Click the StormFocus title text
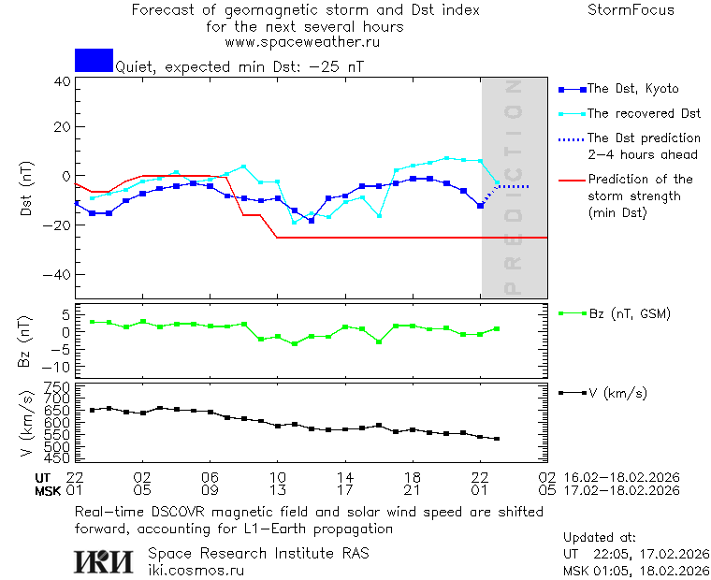(x=631, y=10)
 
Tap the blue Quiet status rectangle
(x=94, y=60)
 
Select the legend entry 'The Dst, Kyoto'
(x=632, y=89)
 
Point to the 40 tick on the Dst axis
(x=62, y=81)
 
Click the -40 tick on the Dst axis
(x=59, y=275)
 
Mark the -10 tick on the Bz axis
(x=58, y=366)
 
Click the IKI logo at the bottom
(x=105, y=560)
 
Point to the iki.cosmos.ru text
(x=196, y=570)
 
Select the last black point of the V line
(x=497, y=439)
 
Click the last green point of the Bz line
(x=497, y=328)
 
